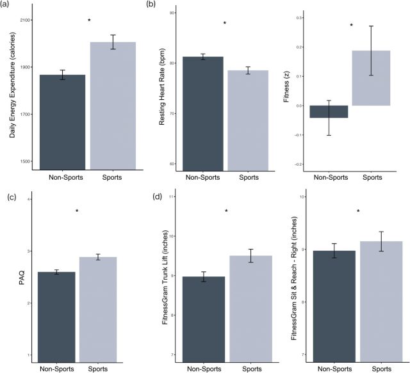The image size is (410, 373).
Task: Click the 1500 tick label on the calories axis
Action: coord(26,161)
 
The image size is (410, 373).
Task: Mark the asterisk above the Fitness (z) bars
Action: coord(352,26)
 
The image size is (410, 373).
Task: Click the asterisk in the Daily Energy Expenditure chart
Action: coord(89,21)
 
